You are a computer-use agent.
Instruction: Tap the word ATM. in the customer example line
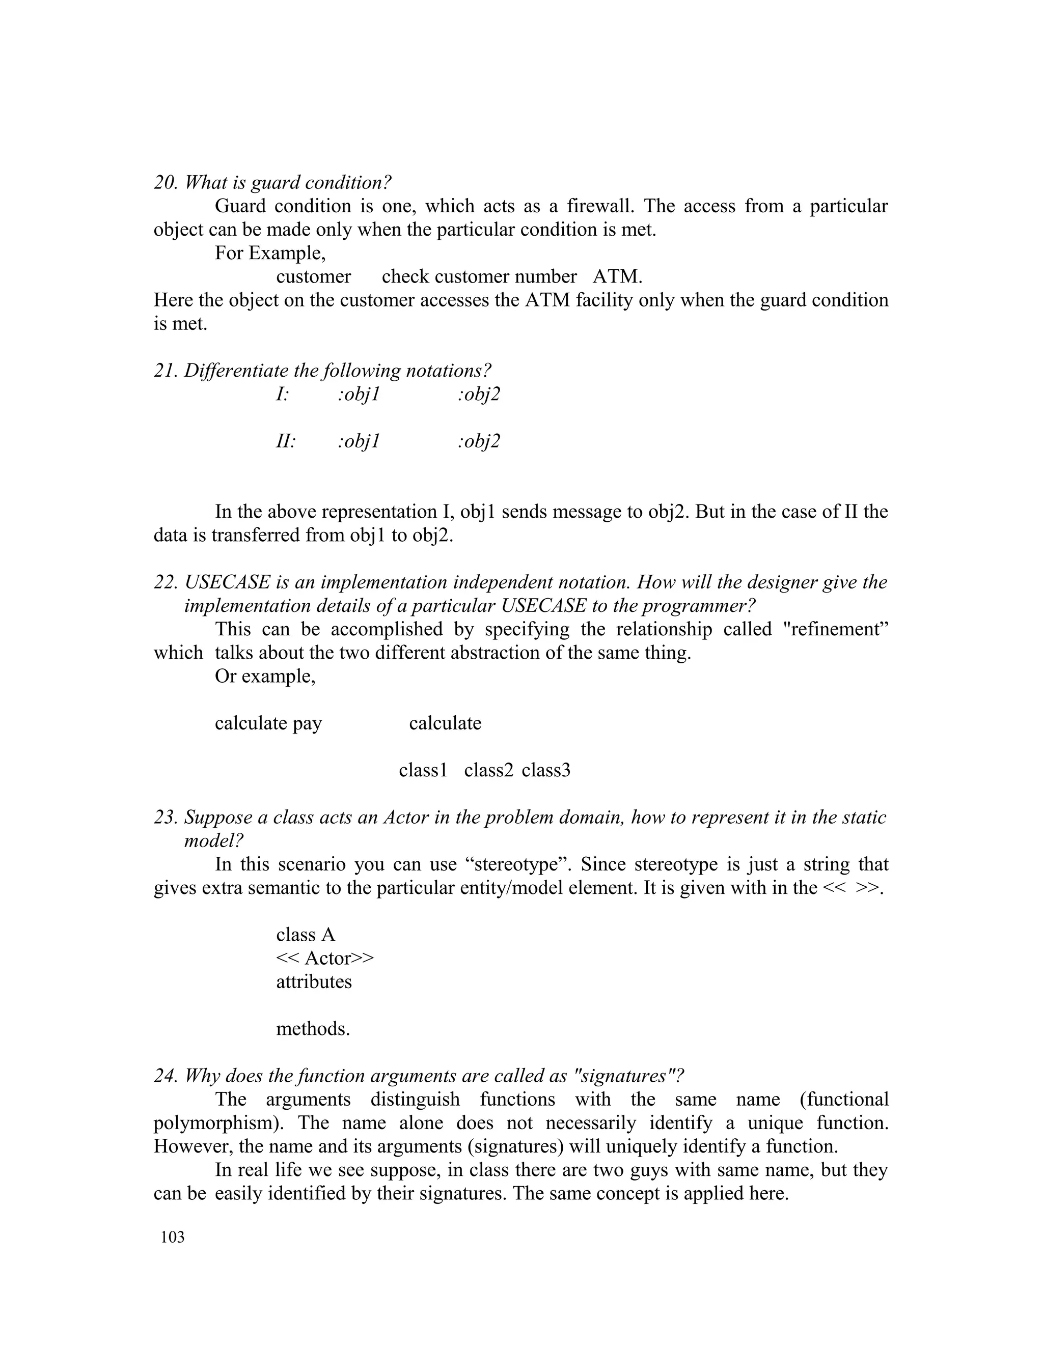[x=617, y=277]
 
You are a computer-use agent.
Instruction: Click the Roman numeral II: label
[x=286, y=441]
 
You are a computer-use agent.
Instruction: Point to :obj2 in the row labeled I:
[x=478, y=394]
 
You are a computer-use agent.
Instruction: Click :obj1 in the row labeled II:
[x=359, y=441]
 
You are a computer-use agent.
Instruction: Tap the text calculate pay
[x=268, y=723]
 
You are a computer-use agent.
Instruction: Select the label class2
[x=488, y=770]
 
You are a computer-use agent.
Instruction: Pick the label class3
[x=545, y=770]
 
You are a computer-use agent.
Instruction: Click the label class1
[x=423, y=770]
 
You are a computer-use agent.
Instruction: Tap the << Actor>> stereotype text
[x=324, y=958]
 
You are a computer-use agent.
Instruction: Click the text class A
[x=305, y=935]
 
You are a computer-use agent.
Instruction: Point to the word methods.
[x=313, y=1028]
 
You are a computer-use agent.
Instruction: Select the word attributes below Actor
[x=313, y=981]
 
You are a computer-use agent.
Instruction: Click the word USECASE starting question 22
[x=227, y=582]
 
